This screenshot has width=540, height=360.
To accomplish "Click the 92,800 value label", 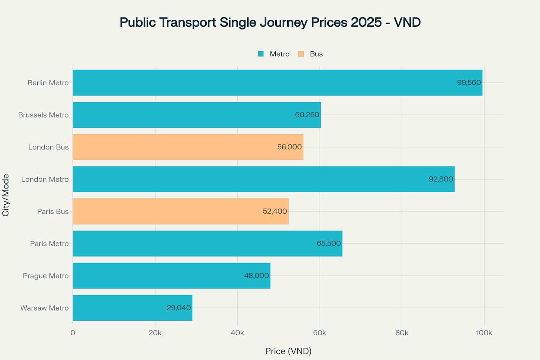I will click(x=441, y=179).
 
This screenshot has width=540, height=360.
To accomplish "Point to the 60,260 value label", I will click(x=307, y=115).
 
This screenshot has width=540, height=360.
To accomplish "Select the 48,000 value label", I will click(x=256, y=276).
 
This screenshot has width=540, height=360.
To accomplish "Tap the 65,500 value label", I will click(x=329, y=244).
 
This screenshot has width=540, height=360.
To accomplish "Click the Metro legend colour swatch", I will click(x=261, y=54).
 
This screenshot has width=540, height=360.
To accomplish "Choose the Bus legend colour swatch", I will click(x=301, y=54).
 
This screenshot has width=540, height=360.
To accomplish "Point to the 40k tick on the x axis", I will click(x=237, y=333).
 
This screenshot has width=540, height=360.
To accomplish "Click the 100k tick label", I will click(x=484, y=333).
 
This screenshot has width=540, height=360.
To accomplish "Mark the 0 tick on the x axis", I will click(x=73, y=333).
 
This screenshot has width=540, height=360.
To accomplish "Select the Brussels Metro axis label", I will click(x=43, y=115).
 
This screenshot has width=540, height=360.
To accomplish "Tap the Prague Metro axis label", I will click(x=46, y=276).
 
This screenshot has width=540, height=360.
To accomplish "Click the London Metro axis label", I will click(x=45, y=179).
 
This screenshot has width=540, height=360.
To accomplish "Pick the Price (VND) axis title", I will click(x=288, y=351).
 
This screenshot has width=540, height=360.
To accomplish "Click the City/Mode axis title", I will click(x=6, y=195).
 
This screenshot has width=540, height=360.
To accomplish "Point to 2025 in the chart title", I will click(x=366, y=22).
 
